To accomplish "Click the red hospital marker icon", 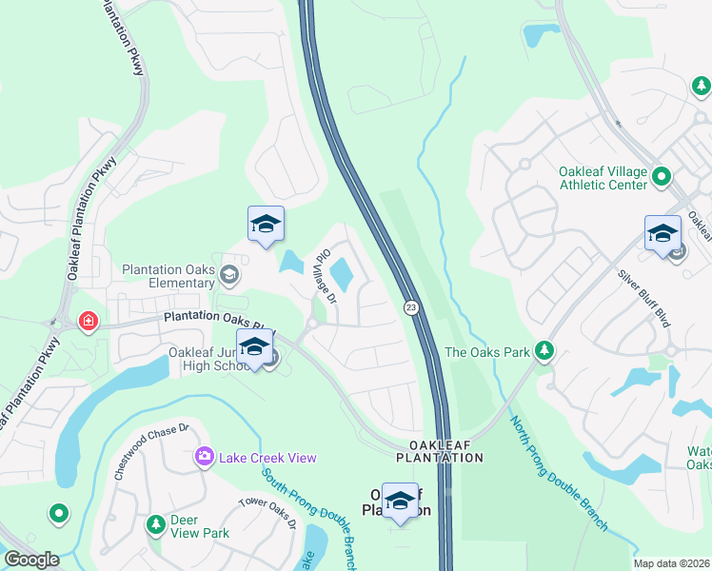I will tap(89, 322).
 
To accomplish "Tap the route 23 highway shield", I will tap(410, 307).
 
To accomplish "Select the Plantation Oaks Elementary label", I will tap(168, 276).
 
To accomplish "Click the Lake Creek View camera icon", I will tap(204, 458).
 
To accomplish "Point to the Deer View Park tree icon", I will tap(155, 524).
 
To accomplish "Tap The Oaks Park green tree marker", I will tap(544, 352).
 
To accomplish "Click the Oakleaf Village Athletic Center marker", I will tap(663, 178).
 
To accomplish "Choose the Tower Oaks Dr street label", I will tap(267, 513).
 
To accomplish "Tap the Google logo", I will tap(30, 560).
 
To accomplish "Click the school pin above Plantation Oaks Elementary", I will tap(266, 225).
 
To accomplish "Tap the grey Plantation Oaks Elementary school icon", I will tap(228, 276).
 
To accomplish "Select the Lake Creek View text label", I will tap(267, 458).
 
